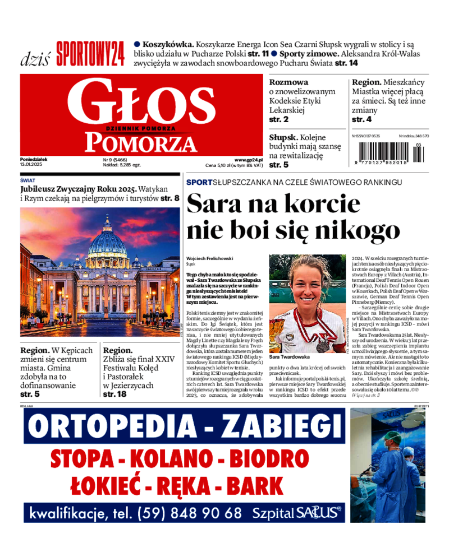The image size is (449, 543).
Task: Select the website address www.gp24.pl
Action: (x=249, y=160)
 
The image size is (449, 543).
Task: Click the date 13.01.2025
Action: (x=31, y=165)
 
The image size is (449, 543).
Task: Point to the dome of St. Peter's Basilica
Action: (x=106, y=241)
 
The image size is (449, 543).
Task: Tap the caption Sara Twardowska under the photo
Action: (x=290, y=356)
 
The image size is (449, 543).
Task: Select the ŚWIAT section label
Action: (x=28, y=180)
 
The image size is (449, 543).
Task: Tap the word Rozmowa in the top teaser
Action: (x=288, y=82)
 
